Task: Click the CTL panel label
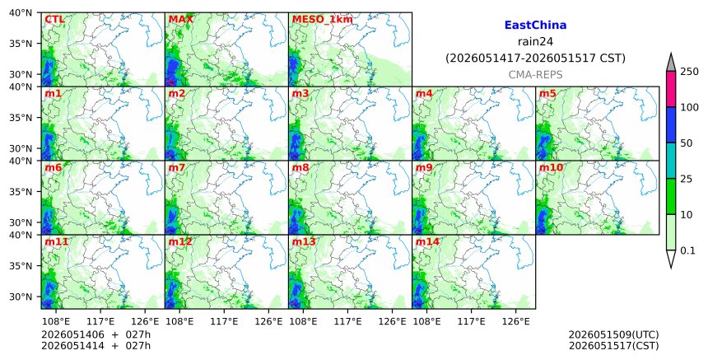[x=54, y=20]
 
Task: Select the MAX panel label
[x=180, y=20]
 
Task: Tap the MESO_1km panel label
[x=323, y=20]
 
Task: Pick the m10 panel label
[x=551, y=167]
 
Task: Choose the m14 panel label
[x=427, y=241]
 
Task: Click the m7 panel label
[x=176, y=167]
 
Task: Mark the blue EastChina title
[x=535, y=26]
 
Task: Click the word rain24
[x=535, y=42]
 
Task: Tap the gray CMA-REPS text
[x=535, y=75]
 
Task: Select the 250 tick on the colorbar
[x=690, y=72]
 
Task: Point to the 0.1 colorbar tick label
[x=687, y=250]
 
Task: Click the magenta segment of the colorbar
[x=671, y=89]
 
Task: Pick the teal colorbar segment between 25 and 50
[x=671, y=161]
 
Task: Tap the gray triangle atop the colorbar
[x=671, y=63]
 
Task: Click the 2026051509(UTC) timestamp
[x=613, y=334]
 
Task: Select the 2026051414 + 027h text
[x=95, y=346]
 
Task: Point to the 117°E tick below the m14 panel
[x=472, y=321]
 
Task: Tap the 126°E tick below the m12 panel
[x=268, y=321]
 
